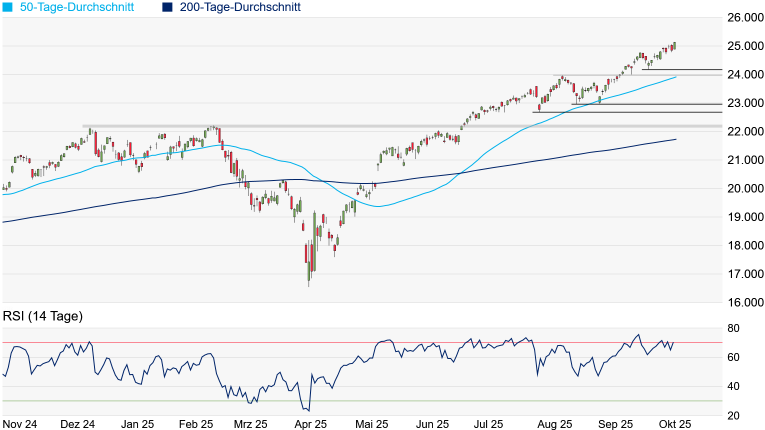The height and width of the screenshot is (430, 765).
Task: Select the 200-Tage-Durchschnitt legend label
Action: coord(240,7)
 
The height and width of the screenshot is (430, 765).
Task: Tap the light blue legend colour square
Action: coord(7,7)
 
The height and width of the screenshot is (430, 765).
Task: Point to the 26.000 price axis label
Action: coord(745,17)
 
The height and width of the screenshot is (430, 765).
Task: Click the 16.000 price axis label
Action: coord(745,302)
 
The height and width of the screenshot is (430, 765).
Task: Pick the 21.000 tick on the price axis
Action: coord(745,160)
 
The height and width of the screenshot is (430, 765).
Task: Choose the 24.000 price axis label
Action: coord(745,74)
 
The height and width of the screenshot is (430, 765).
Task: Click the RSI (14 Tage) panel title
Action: coord(43,316)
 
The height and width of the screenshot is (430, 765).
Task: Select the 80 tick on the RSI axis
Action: coord(733,328)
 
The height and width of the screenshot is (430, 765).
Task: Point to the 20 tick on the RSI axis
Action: coord(733,415)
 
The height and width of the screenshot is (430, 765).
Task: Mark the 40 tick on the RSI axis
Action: coord(733,386)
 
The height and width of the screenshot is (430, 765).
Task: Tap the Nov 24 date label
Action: coord(20,423)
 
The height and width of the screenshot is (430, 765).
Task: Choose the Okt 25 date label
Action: coord(677,423)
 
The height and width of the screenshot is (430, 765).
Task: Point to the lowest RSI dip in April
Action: coord(307,410)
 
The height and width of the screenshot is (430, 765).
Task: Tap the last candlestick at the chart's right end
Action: coord(674,45)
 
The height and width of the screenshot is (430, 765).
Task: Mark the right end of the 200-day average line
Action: coord(677,139)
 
